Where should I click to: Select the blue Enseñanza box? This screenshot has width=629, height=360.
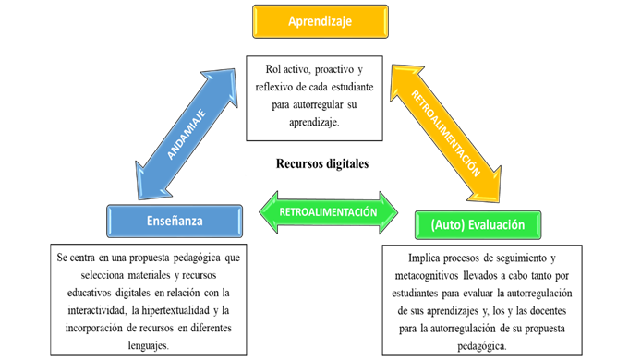(x=175, y=222)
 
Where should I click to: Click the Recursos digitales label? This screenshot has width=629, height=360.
(x=321, y=163)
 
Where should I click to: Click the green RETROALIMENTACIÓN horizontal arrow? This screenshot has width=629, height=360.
(x=328, y=210)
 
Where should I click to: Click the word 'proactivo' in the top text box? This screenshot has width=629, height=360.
(x=329, y=71)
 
